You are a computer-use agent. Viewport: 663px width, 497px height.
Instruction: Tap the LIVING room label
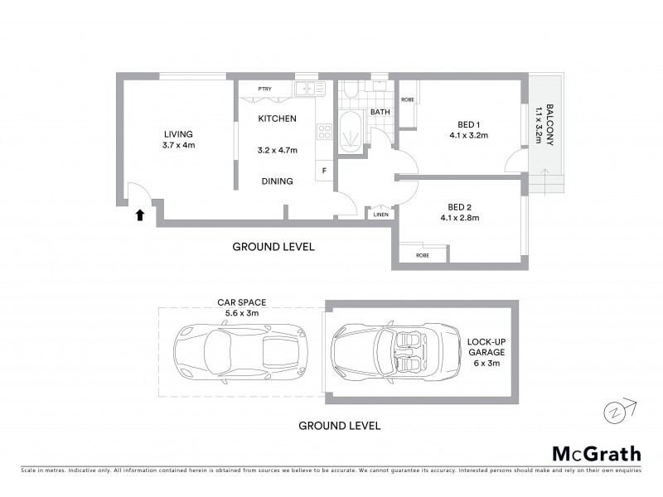[178, 134]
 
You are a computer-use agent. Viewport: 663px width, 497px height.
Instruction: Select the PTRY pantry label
[264, 89]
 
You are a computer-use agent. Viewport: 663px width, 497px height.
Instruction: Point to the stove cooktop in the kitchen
[324, 132]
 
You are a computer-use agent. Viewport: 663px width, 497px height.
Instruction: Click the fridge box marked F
[324, 171]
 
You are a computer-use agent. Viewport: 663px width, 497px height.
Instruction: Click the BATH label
[380, 112]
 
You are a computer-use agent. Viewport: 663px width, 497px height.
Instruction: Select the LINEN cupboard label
[380, 215]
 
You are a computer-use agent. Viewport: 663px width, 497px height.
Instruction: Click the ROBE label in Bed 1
[407, 100]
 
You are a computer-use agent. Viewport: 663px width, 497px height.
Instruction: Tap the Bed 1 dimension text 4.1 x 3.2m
[468, 134]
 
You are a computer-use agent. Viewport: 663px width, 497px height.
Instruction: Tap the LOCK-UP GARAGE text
[486, 352]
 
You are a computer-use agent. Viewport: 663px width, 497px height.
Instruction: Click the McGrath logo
[596, 453]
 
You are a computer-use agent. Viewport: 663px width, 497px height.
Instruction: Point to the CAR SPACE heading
[241, 302]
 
